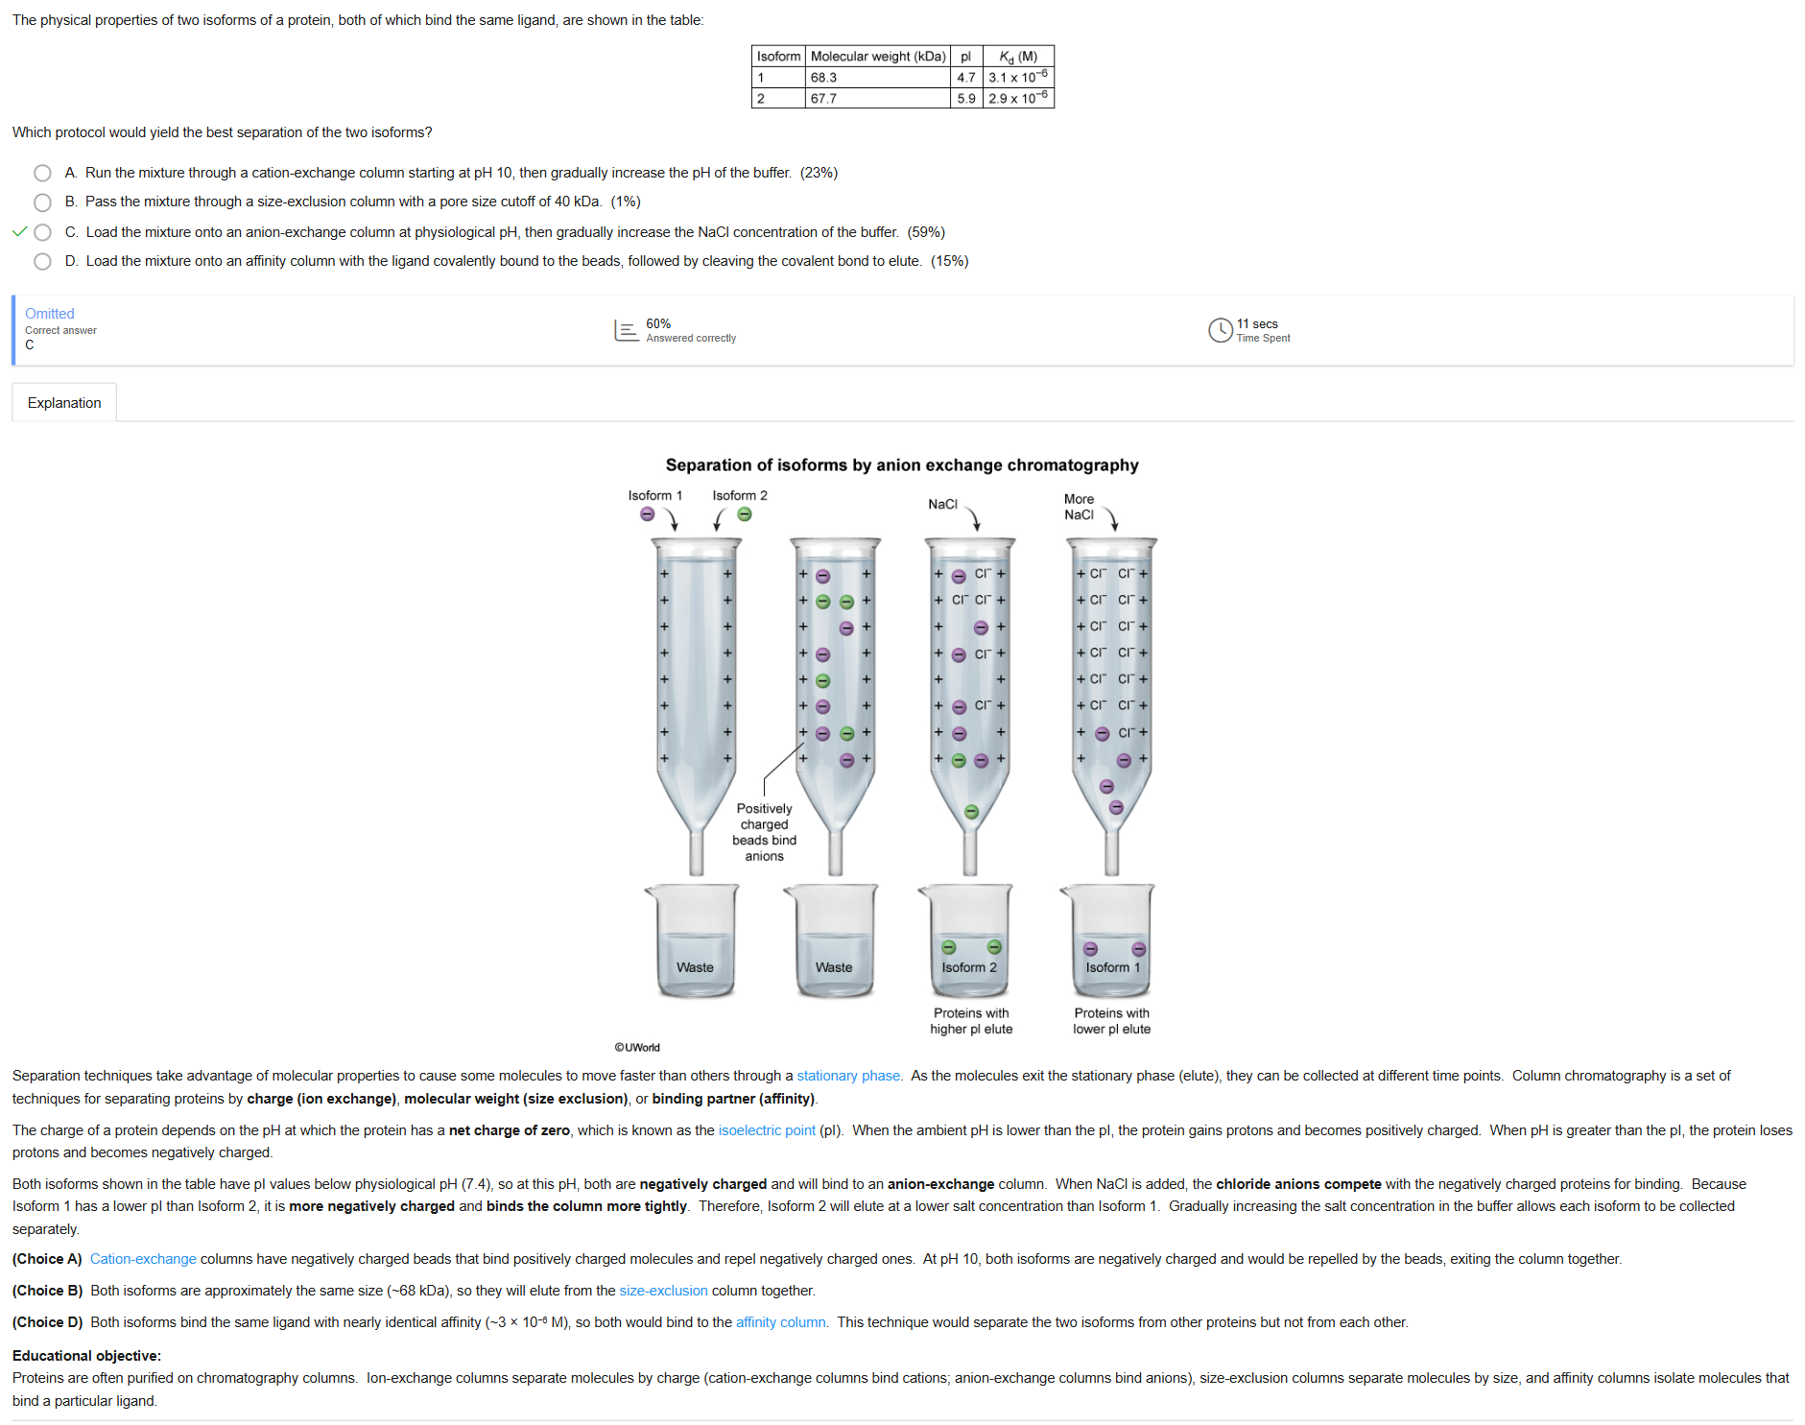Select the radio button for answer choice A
point(42,173)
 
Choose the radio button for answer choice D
point(42,261)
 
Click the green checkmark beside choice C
point(19,231)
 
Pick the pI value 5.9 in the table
point(965,98)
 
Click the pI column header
point(965,57)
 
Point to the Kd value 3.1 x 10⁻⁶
point(1018,77)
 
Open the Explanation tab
point(64,403)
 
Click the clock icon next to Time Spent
point(1220,330)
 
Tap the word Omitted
point(50,314)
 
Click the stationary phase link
point(848,1076)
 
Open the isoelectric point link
point(767,1130)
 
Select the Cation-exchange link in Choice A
point(143,1259)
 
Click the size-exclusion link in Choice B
point(663,1291)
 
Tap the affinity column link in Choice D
point(781,1322)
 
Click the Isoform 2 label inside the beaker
point(969,967)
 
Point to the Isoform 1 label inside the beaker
point(1113,967)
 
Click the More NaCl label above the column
point(1079,507)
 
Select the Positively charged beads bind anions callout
point(764,832)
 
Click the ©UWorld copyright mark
point(637,1047)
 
